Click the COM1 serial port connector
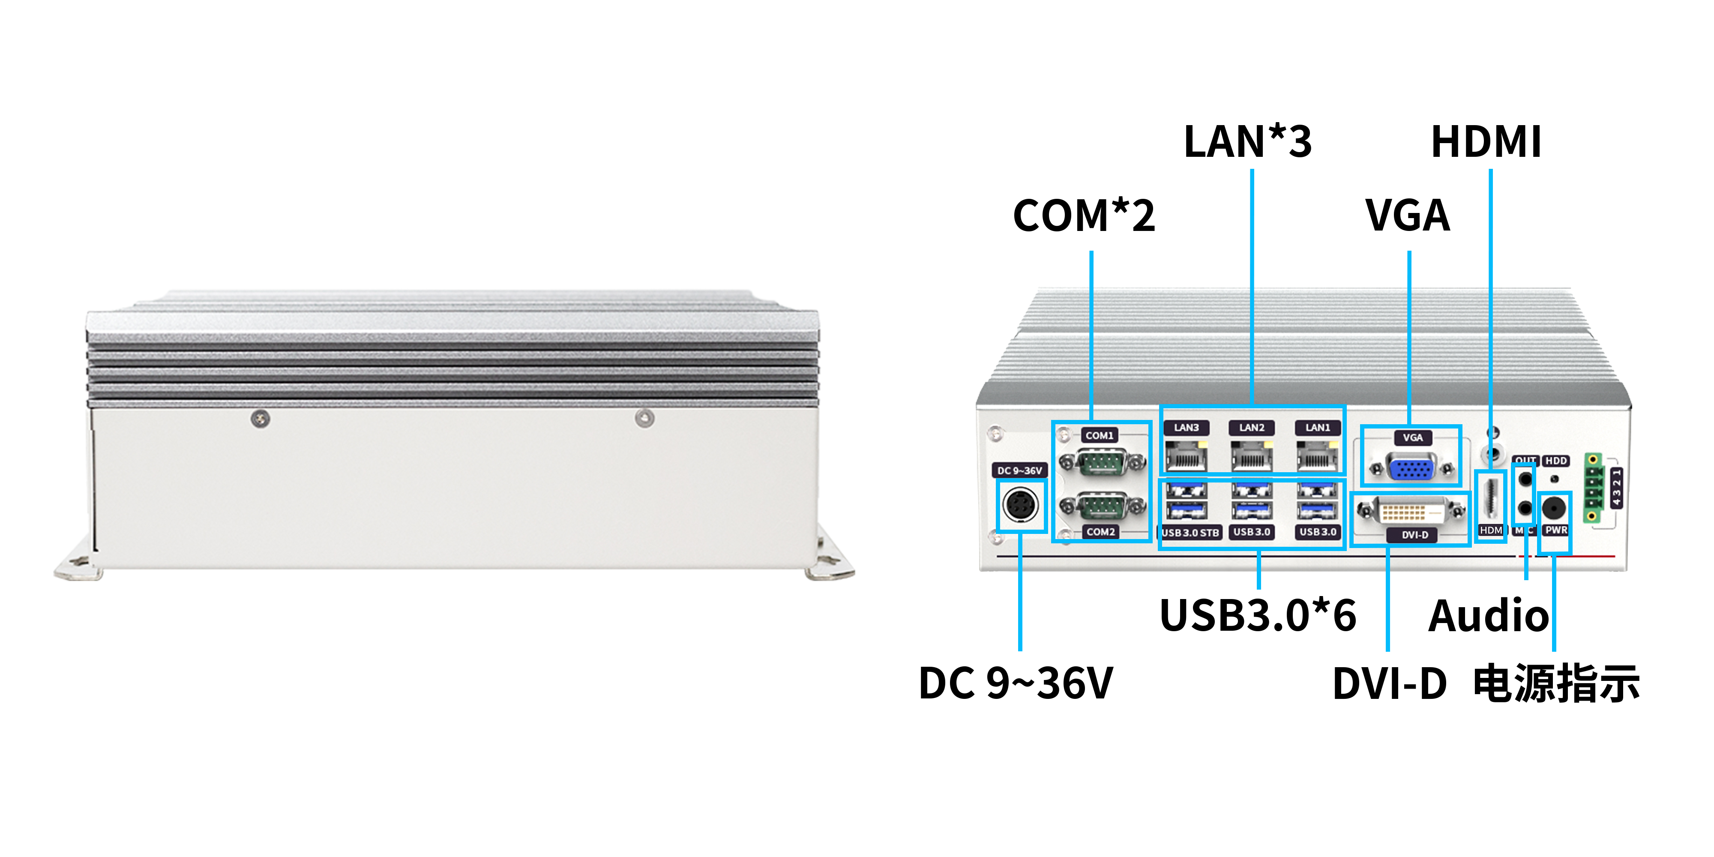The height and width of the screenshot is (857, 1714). pos(1102,462)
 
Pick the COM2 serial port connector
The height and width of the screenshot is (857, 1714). pos(1102,506)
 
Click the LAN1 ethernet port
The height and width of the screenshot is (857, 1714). pos(1317,457)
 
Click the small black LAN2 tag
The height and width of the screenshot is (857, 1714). pos(1251,428)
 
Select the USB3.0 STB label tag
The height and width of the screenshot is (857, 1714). pos(1190,532)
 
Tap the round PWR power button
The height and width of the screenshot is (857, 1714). pos(1554,508)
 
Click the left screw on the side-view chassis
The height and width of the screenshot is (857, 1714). pos(260,419)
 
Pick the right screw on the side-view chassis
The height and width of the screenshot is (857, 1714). pos(644,418)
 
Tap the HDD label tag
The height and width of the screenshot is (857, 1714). pos(1555,461)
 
